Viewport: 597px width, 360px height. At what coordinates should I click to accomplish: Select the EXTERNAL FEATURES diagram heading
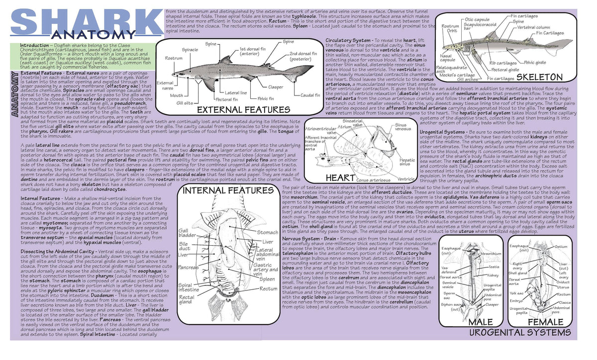tap(243, 109)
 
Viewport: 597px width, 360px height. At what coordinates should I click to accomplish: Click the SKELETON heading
tap(539, 77)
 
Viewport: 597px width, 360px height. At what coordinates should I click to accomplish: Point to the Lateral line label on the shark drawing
tap(236, 92)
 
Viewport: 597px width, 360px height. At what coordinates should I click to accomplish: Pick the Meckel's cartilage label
tap(460, 75)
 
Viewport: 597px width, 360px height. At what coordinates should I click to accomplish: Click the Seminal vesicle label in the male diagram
tap(449, 285)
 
